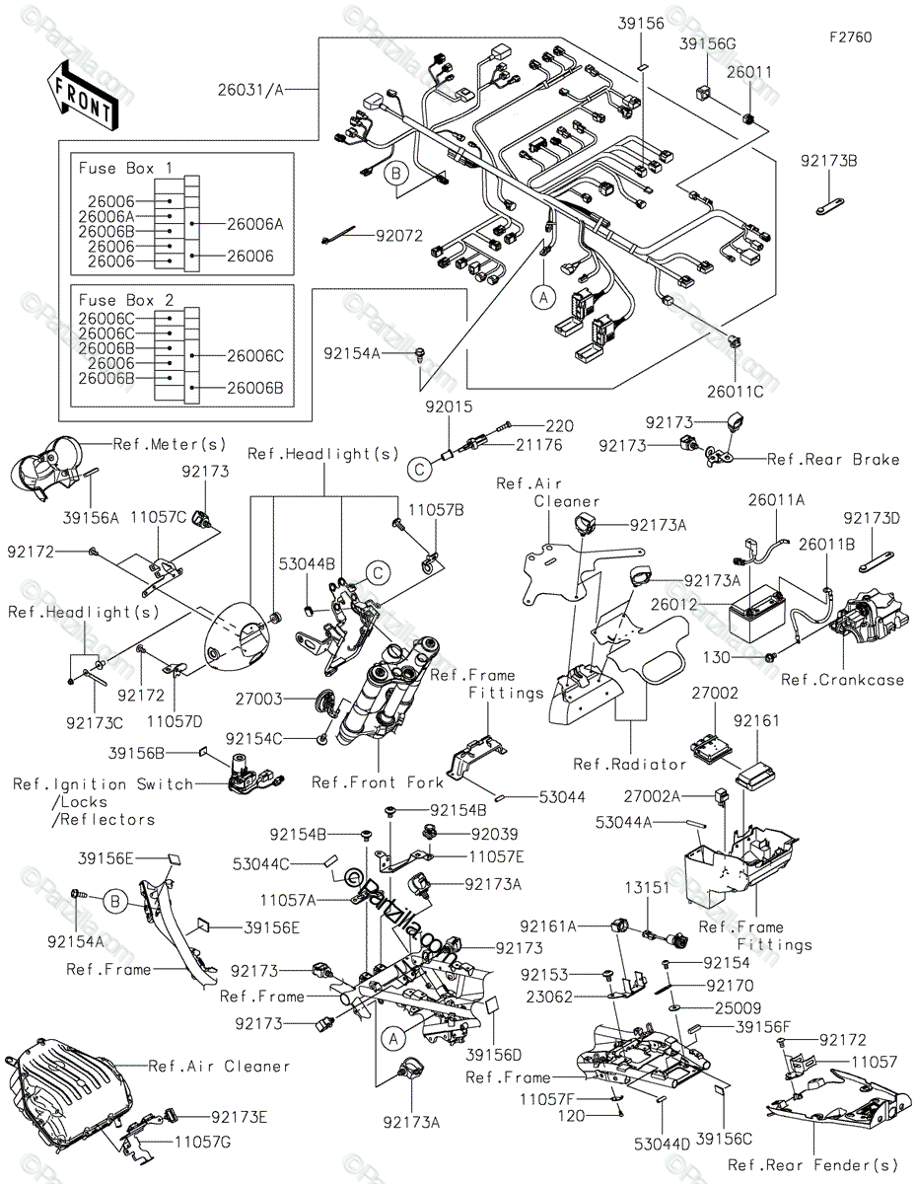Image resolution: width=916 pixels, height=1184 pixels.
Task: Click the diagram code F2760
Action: point(850,37)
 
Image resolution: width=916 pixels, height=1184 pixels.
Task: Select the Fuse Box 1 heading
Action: point(124,169)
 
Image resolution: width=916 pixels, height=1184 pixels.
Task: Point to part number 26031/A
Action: point(250,90)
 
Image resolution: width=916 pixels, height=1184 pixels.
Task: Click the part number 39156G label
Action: point(708,43)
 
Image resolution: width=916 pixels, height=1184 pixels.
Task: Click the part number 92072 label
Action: point(400,236)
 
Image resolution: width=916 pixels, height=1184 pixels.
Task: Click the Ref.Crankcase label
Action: point(842,680)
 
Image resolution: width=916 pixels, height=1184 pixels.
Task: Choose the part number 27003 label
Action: point(257,699)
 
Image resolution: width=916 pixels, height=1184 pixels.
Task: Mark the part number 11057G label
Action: point(202,1142)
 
